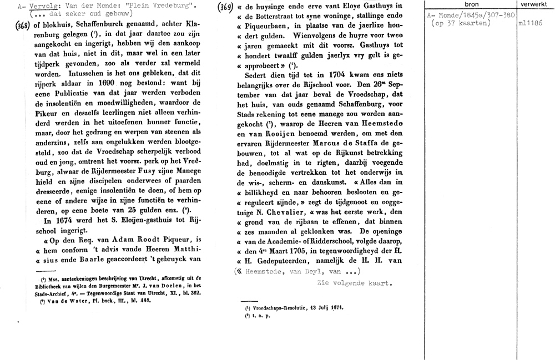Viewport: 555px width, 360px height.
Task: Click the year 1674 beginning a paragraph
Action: [51, 220]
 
